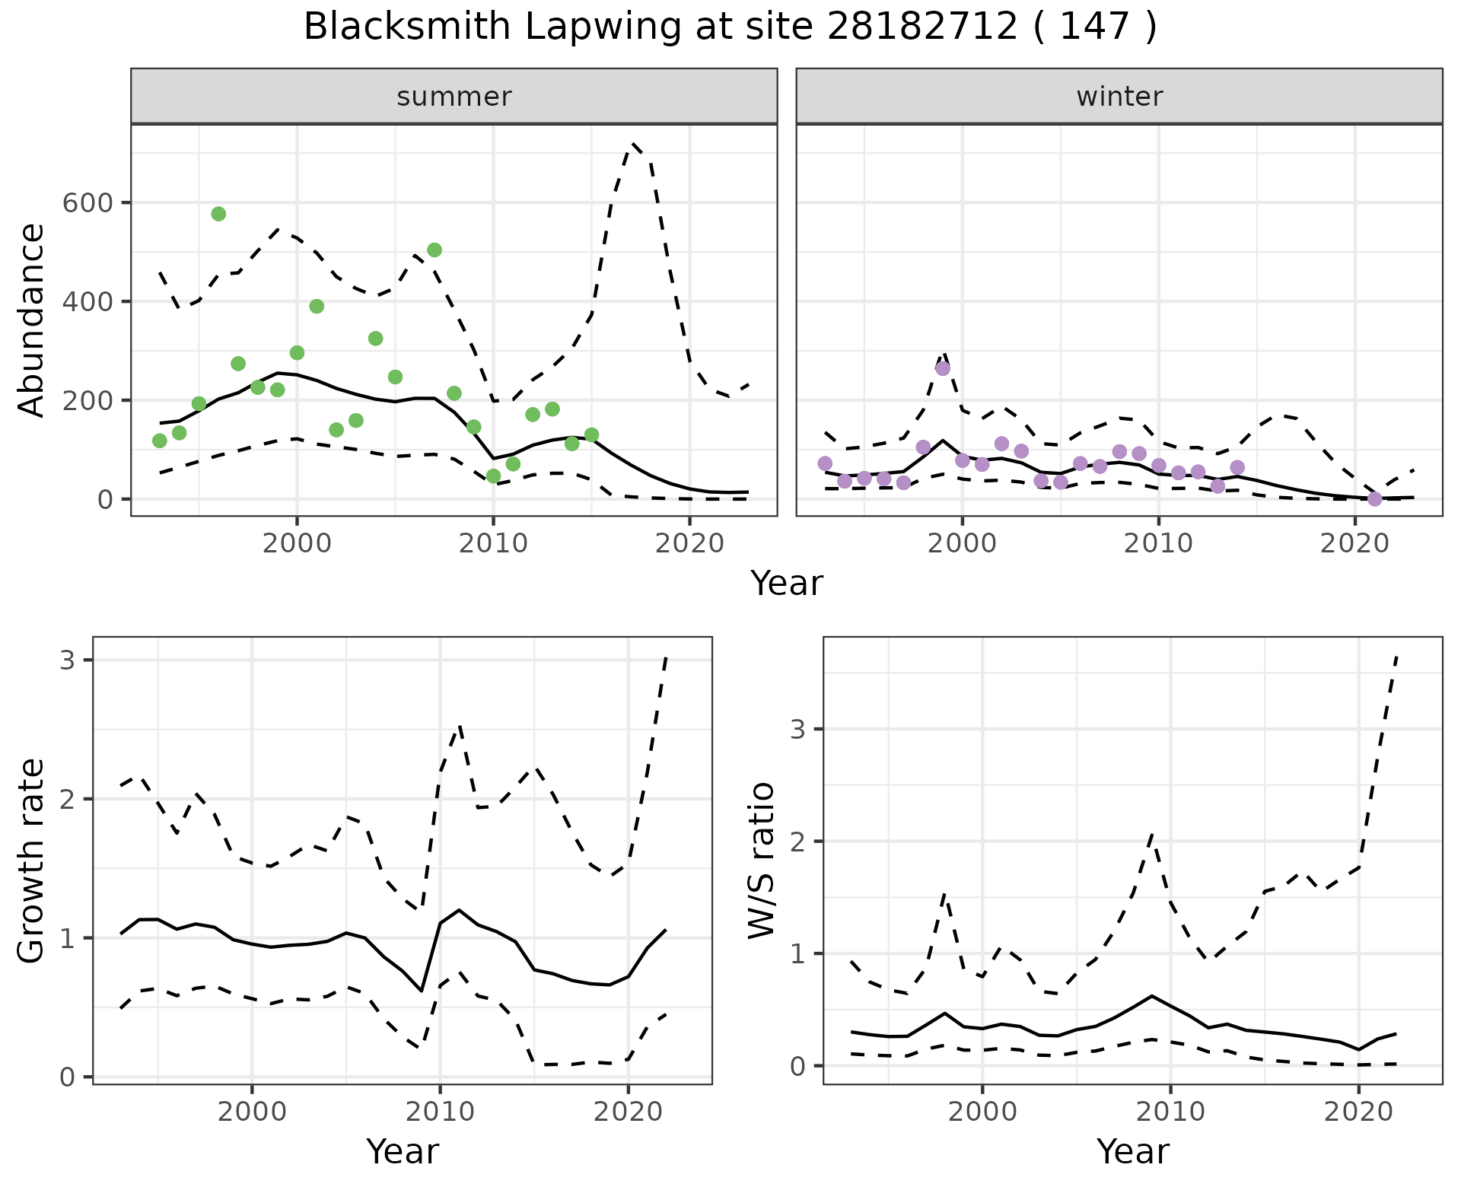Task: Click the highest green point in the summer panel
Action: coord(218,214)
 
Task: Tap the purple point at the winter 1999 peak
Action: coord(943,368)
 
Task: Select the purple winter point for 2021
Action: coord(1374,499)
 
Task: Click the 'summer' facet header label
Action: coord(454,97)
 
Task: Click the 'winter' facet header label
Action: coord(1119,97)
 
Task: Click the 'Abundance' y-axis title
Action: coord(32,320)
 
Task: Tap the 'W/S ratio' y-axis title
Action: coord(762,860)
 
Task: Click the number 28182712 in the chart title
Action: coord(922,27)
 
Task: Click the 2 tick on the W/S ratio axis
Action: coord(797,842)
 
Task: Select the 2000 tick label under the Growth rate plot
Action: coord(252,1112)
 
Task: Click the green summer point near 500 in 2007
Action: coord(434,250)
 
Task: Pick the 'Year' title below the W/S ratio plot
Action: coord(1132,1152)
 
